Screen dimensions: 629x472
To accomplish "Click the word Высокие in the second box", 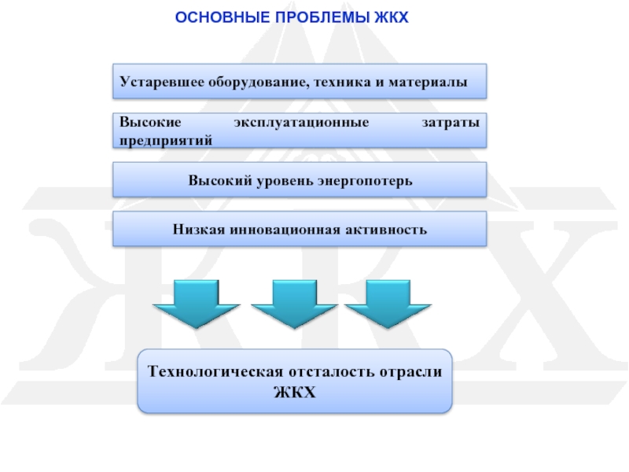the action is pos(150,124).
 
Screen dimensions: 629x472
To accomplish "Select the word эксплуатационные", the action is pos(301,124).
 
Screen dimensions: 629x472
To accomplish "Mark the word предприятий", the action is pos(165,140).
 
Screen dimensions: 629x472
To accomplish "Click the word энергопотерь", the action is pos(364,181).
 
